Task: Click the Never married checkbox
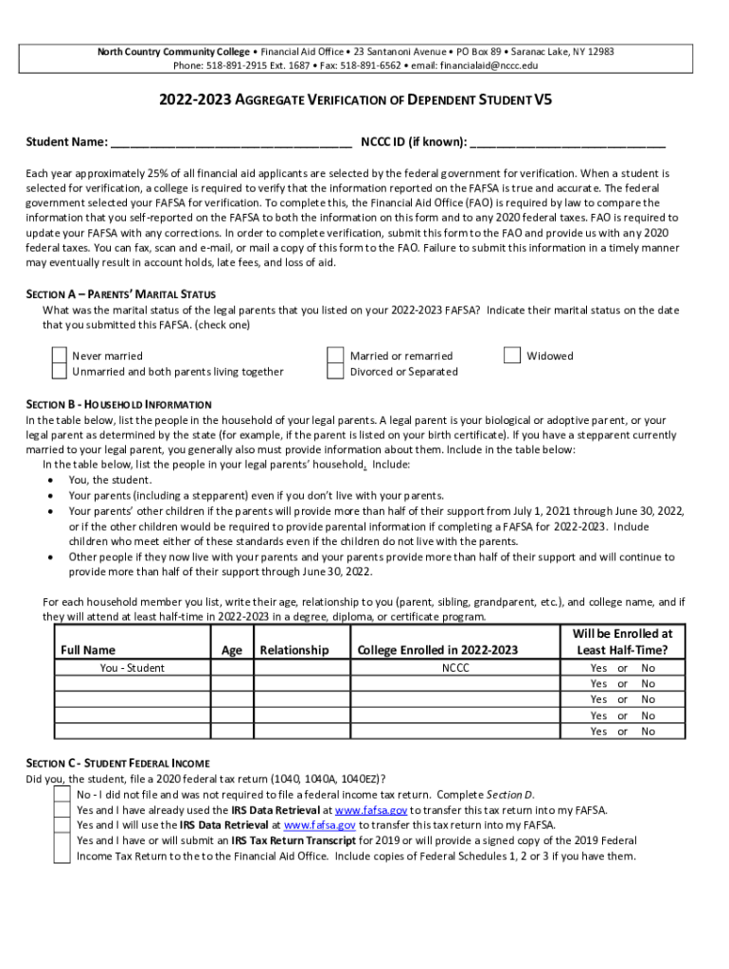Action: click(x=60, y=356)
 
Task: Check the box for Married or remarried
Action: click(x=335, y=356)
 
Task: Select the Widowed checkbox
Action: click(x=512, y=356)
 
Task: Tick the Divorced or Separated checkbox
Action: click(x=335, y=372)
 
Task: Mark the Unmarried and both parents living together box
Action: click(x=60, y=372)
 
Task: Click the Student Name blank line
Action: click(x=231, y=143)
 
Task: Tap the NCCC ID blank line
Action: click(x=567, y=143)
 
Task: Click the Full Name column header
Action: click(x=88, y=650)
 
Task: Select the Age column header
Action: click(x=231, y=650)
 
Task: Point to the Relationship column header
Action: click(x=294, y=650)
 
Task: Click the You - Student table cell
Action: click(x=132, y=668)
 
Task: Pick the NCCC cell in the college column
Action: click(x=455, y=668)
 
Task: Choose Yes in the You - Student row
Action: click(x=598, y=668)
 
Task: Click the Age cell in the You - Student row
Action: click(x=231, y=668)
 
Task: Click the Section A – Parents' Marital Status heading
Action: click(x=120, y=294)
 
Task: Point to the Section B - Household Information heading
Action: click(x=118, y=405)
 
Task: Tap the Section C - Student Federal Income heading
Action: click(x=117, y=763)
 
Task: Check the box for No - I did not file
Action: click(x=62, y=795)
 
